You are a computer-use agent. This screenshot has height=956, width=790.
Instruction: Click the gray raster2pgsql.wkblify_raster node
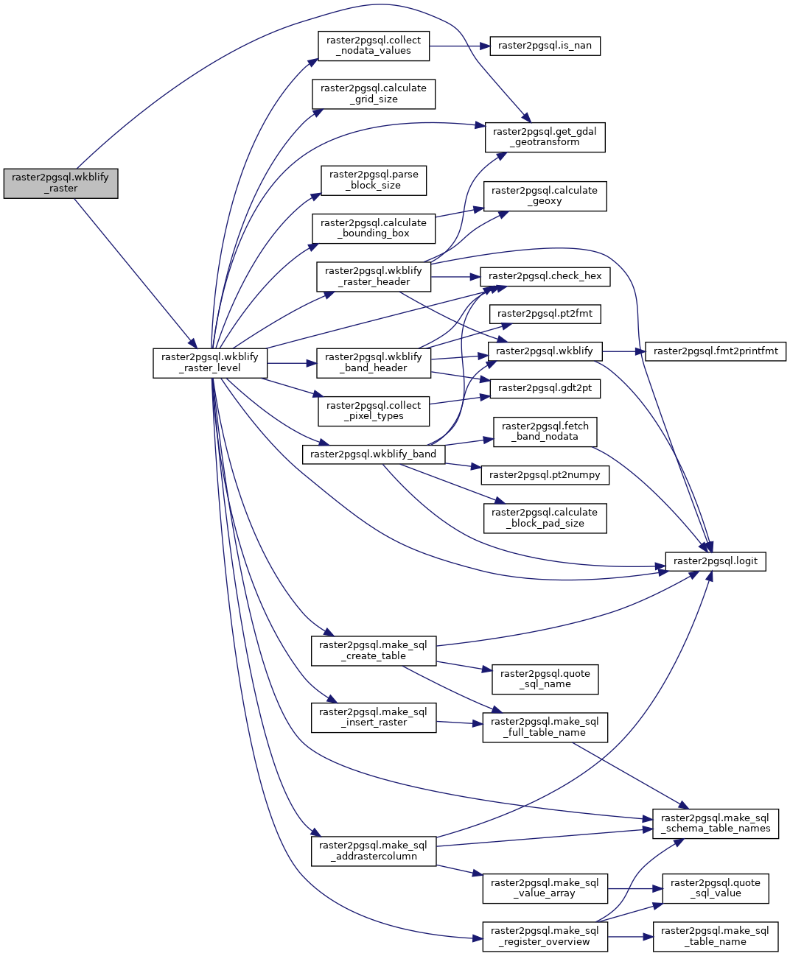tap(60, 183)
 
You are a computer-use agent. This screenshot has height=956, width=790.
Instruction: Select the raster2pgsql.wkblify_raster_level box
tap(210, 363)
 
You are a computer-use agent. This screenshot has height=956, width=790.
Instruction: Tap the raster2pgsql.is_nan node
tap(545, 46)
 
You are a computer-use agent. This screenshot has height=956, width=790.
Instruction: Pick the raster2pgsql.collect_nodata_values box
tap(374, 46)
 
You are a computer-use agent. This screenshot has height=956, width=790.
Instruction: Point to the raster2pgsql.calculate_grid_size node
tap(374, 94)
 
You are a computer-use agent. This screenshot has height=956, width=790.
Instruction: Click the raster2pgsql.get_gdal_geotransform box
tap(545, 137)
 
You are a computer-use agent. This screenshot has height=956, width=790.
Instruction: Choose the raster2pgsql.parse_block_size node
tap(374, 180)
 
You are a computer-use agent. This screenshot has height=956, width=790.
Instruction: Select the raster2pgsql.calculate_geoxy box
tap(545, 196)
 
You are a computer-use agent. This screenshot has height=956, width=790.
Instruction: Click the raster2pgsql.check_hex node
tap(545, 276)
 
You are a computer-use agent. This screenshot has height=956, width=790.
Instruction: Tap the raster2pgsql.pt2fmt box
tap(545, 314)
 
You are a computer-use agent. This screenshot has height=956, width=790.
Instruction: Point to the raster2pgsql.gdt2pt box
tap(545, 388)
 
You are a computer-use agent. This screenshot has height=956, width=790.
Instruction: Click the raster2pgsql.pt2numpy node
tap(545, 475)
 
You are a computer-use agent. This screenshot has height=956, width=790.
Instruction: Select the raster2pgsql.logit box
tap(716, 561)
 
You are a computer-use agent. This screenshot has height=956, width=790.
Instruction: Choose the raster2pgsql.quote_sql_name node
tap(545, 679)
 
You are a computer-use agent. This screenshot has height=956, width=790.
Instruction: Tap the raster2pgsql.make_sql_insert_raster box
tap(374, 717)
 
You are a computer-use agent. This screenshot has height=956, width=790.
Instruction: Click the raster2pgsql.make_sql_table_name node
tap(716, 936)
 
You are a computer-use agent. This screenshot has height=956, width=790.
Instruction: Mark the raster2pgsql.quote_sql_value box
tap(716, 888)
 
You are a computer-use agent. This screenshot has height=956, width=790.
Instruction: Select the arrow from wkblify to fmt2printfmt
tap(623, 351)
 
